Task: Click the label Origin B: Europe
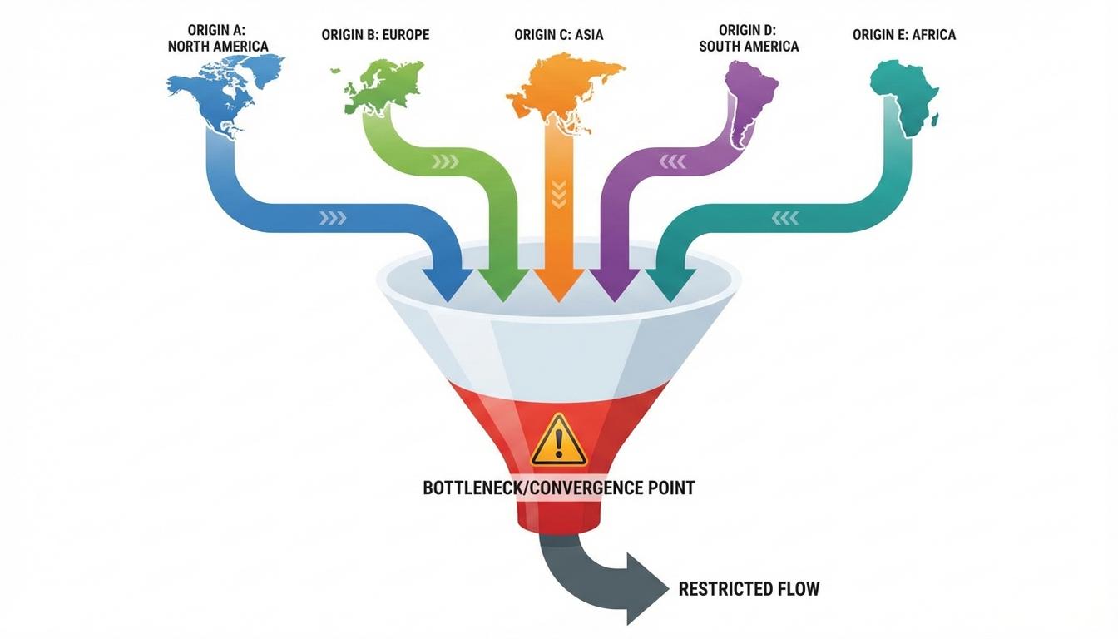click(x=375, y=35)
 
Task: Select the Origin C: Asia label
click(x=559, y=35)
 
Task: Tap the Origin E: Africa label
click(x=904, y=35)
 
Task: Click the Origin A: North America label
click(x=218, y=39)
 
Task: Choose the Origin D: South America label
click(x=749, y=39)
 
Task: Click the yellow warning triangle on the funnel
click(x=559, y=442)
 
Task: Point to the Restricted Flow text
click(x=749, y=589)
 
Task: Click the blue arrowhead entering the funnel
click(x=448, y=284)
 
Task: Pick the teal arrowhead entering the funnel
click(x=670, y=284)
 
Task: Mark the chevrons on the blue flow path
click(x=333, y=219)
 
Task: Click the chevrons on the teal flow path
click(x=785, y=219)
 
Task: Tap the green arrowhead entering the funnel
click(x=503, y=284)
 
